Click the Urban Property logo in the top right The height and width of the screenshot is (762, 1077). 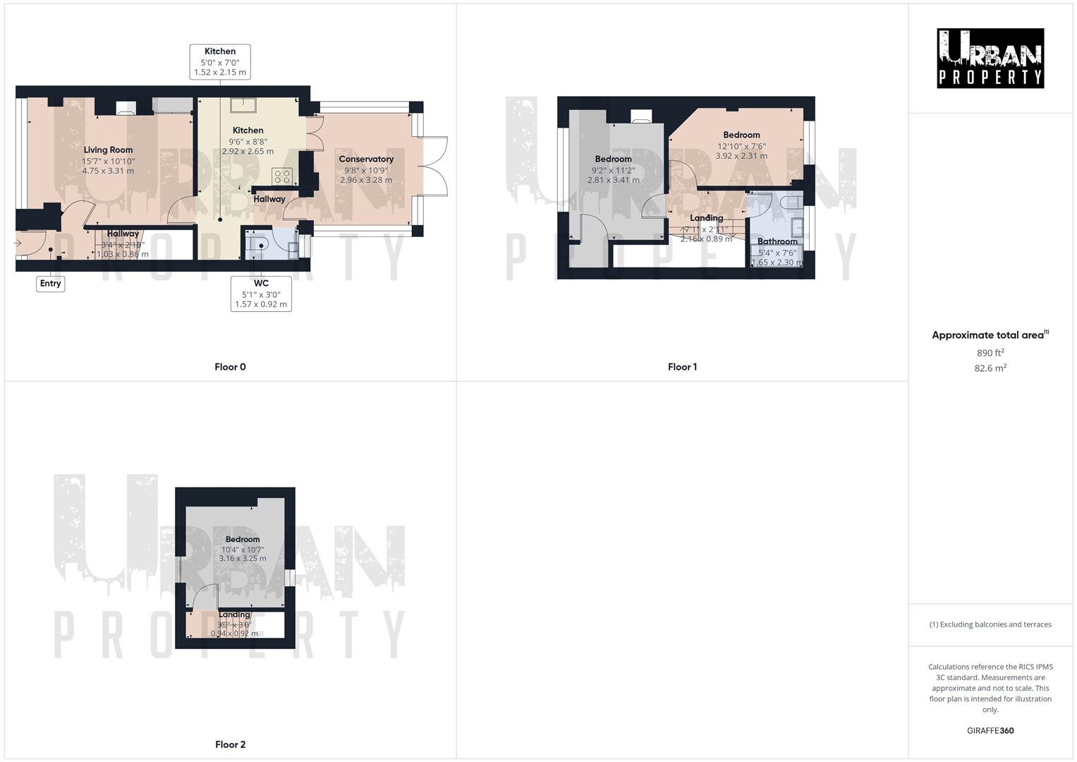coord(990,59)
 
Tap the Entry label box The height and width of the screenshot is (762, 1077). coord(50,284)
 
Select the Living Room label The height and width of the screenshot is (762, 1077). coord(108,150)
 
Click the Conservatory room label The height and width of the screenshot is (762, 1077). coord(366,159)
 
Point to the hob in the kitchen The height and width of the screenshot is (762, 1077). coord(282,176)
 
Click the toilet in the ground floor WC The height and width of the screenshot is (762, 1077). coord(258,245)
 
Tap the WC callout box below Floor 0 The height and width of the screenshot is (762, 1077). coord(261,294)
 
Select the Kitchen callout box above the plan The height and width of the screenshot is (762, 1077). coord(220,61)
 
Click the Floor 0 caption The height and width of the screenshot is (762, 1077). coord(230,367)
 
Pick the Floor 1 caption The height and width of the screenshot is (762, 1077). coord(682,367)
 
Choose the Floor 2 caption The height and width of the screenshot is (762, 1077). coord(230,744)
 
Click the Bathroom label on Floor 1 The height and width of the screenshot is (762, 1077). coord(777,241)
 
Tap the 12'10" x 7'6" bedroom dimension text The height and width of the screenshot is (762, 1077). coord(741,147)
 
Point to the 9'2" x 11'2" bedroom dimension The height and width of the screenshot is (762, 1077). coord(613,170)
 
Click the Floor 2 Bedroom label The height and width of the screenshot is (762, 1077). coord(243,539)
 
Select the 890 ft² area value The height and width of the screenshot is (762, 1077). coord(990,353)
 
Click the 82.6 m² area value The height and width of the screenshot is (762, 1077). coord(990,368)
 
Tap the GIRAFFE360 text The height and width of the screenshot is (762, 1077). coord(990,731)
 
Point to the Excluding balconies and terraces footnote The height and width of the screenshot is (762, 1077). coord(990,624)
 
